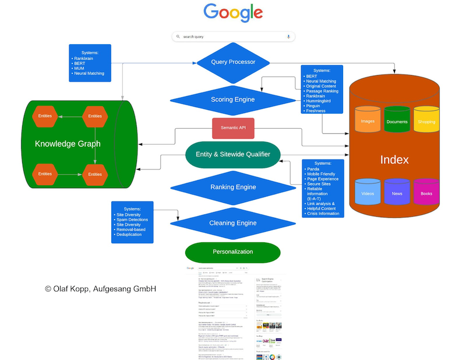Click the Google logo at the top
point(233,13)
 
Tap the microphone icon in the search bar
point(288,36)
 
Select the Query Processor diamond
point(233,62)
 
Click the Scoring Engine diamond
point(233,100)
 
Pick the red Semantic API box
point(233,128)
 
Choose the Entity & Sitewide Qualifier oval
point(233,154)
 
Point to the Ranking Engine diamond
point(233,187)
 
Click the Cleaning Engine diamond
point(233,223)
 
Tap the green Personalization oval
point(233,252)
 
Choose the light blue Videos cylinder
point(368,193)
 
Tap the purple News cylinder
point(397,193)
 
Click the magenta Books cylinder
point(426,193)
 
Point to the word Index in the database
point(394,159)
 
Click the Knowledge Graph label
point(68,144)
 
